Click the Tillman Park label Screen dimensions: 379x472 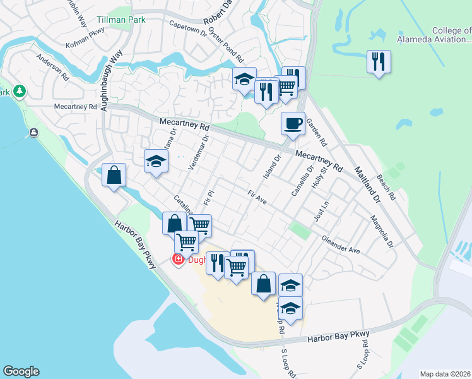pyautogui.click(x=121, y=20)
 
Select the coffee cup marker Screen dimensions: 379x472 pyautogui.click(x=293, y=123)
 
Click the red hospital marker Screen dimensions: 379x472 pyautogui.click(x=179, y=259)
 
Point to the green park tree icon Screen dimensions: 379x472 pyautogui.click(x=20, y=92)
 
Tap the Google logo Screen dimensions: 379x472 pyautogui.click(x=21, y=371)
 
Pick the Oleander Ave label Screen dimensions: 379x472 pyautogui.click(x=341, y=245)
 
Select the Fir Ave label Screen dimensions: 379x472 pyautogui.click(x=257, y=198)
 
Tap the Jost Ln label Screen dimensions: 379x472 pyautogui.click(x=322, y=211)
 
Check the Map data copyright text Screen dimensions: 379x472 pyautogui.click(x=445, y=373)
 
